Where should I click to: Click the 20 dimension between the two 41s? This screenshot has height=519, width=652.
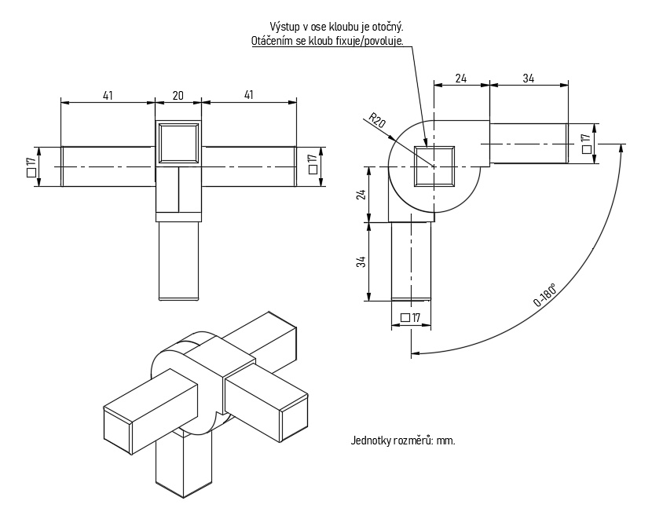click(178, 95)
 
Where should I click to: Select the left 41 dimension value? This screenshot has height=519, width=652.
click(108, 95)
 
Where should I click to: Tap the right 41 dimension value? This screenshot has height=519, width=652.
click(249, 95)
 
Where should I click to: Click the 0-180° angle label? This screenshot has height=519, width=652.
click(545, 295)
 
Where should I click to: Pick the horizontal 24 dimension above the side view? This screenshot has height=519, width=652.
click(461, 78)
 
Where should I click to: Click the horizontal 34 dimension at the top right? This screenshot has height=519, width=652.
click(529, 78)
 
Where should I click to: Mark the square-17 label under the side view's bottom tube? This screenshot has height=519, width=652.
click(411, 317)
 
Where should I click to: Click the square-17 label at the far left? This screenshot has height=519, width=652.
click(31, 166)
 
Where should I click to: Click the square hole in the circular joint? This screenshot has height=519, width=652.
click(433, 166)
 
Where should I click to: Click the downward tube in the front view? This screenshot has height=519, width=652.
click(178, 261)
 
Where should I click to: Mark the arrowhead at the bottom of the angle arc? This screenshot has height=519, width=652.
click(413, 353)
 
